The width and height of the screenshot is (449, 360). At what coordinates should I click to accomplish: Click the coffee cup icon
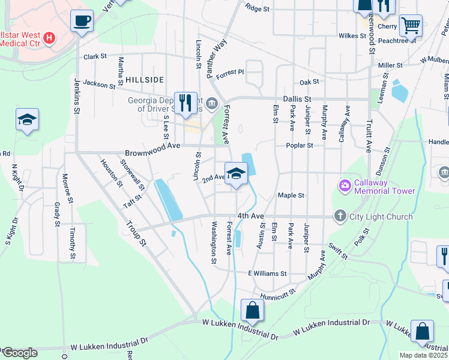coord(82,21)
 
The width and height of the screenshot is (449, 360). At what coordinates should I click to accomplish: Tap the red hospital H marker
coord(50,38)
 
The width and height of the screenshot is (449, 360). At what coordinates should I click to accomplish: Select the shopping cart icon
coord(411,25)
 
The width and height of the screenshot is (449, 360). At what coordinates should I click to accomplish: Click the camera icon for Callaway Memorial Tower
coord(345,186)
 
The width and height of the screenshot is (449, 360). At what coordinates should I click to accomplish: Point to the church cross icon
coord(340,216)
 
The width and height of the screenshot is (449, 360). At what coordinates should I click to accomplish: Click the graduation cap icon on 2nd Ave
coord(237,174)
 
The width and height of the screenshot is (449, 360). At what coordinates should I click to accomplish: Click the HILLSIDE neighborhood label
coord(145,79)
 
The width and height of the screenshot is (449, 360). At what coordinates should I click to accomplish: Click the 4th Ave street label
coord(250,215)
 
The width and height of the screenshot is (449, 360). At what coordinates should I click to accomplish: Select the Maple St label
coord(292,196)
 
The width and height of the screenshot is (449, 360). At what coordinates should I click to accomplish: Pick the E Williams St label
coord(267,273)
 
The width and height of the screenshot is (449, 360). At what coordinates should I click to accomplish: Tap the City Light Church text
coord(382,217)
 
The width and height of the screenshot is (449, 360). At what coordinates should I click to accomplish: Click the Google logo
coord(20,353)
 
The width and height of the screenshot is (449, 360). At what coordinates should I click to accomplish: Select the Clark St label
coord(95,56)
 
